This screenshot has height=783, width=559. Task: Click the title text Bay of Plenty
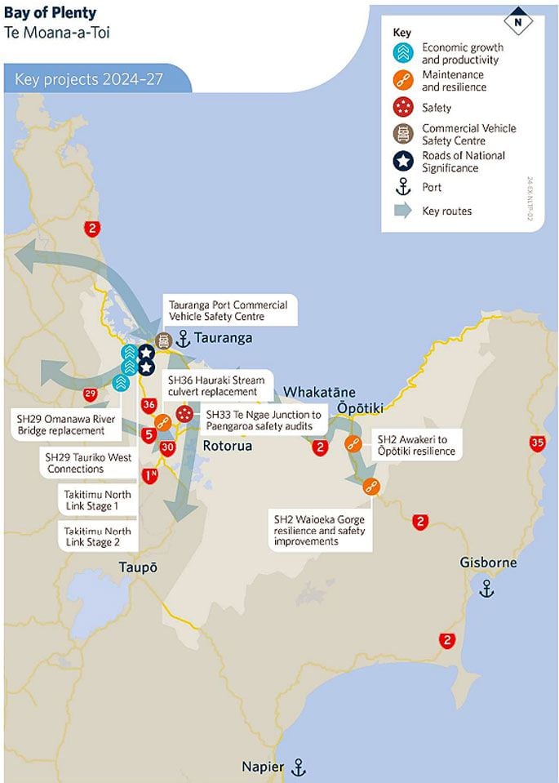[x=50, y=13]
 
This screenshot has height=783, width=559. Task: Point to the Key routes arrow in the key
[x=402, y=211]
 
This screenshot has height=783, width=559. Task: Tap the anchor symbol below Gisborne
[x=487, y=588]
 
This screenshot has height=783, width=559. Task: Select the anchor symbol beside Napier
[x=298, y=767]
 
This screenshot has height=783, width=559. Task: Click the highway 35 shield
[x=536, y=443]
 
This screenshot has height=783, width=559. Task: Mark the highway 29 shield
[x=91, y=395]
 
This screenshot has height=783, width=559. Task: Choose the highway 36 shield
[x=149, y=404]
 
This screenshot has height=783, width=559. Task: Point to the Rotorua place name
[x=227, y=446]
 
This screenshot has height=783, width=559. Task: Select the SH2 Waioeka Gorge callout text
[x=319, y=530]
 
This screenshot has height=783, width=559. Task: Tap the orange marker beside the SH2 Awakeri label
[x=353, y=443]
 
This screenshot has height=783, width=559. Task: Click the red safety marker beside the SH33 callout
[x=184, y=415]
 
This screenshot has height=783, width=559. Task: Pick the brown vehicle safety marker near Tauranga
[x=163, y=340]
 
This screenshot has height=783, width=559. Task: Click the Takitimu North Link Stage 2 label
[x=97, y=536]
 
